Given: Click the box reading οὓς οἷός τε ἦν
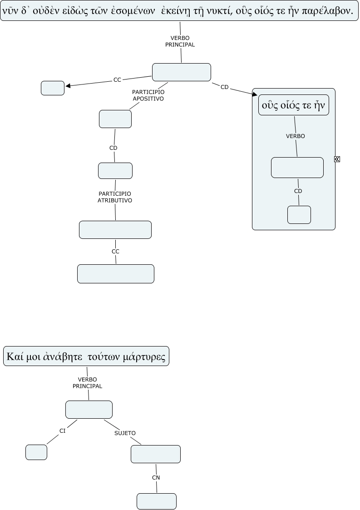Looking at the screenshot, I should pos(293,105).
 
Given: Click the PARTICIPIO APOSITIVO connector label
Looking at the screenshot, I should pos(148,95).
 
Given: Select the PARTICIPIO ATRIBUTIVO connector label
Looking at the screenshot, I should pos(115,197).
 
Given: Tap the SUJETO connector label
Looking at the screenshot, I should pos(125,433).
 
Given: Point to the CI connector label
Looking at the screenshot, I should pos(63,431).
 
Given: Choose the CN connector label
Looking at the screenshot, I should pos(156,477).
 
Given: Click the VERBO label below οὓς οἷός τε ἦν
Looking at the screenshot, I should pos(296,136).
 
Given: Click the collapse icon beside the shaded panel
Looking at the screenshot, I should pos(337,159).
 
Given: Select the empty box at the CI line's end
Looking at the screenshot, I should pos(36,452).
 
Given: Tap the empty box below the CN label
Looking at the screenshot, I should pos(157,501).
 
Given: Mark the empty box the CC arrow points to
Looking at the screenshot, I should pos(53,88).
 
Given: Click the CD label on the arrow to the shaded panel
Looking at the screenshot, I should pos(224,87).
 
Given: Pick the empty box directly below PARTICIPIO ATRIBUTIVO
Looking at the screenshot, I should pos(115,230).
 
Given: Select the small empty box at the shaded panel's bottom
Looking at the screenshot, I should pos(299,215).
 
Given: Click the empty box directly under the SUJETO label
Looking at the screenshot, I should pos(156,454).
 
